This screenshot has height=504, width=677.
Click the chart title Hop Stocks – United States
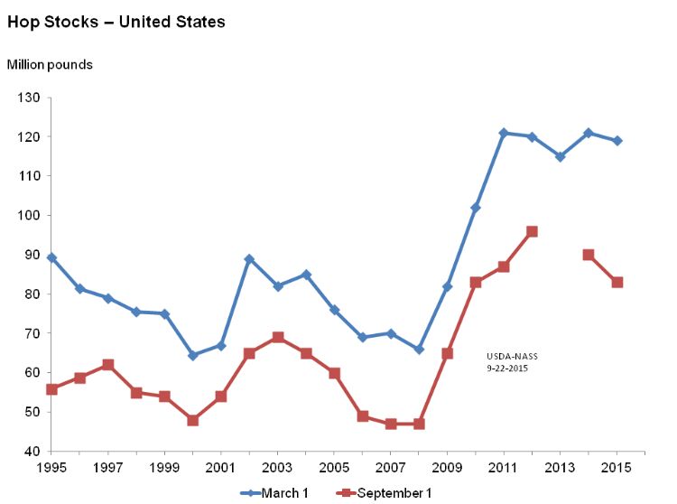point(116,22)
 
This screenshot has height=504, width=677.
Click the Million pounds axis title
point(50,65)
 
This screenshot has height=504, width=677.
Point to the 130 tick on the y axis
point(28,98)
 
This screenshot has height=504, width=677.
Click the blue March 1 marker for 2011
point(504,133)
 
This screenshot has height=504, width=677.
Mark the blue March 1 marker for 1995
point(51,257)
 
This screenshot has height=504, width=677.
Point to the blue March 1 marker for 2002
point(249,259)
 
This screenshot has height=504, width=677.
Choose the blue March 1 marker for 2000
point(192,356)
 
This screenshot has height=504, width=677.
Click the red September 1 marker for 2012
point(532,231)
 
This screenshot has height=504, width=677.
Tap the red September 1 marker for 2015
point(617,283)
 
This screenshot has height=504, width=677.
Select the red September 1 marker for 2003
point(277,338)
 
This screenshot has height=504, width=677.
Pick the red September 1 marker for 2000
point(192,420)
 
